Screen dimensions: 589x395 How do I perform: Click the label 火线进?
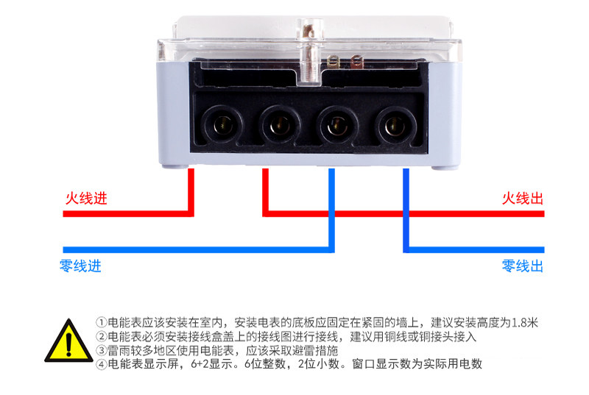click(x=81, y=199)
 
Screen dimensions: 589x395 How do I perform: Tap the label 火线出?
click(x=522, y=199)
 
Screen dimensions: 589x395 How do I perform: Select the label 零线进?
click(x=80, y=266)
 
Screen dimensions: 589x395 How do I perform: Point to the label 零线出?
click(x=522, y=266)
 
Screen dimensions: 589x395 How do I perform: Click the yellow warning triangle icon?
click(x=68, y=341)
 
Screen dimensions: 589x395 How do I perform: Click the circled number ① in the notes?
click(x=102, y=323)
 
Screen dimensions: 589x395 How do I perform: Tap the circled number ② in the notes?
click(x=102, y=337)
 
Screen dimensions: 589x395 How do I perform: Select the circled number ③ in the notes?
click(x=102, y=351)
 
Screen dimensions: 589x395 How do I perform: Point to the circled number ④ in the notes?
click(x=102, y=365)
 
